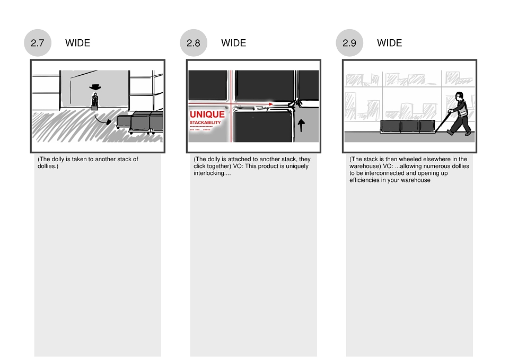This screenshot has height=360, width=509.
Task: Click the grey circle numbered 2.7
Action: [x=38, y=43]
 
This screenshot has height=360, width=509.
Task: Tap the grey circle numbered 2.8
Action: [x=194, y=43]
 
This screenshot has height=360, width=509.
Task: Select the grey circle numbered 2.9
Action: [x=349, y=43]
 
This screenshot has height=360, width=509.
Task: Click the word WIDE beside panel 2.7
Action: [x=77, y=43]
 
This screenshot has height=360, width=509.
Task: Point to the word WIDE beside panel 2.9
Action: [x=390, y=43]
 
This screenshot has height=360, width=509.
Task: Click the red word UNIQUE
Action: [x=207, y=115]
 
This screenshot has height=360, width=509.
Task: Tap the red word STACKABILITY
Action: [x=205, y=122]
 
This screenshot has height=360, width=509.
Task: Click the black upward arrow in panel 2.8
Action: [x=301, y=125]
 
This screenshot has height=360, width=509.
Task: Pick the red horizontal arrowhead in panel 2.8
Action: [x=271, y=104]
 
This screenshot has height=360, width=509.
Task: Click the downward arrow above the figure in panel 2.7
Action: [x=95, y=87]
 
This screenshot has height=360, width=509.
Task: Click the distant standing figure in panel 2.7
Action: [x=95, y=101]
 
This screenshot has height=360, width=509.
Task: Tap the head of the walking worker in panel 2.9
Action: [x=459, y=96]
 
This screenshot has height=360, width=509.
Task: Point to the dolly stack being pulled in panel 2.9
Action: [x=408, y=126]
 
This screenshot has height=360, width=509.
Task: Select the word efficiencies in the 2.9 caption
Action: [x=365, y=180]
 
